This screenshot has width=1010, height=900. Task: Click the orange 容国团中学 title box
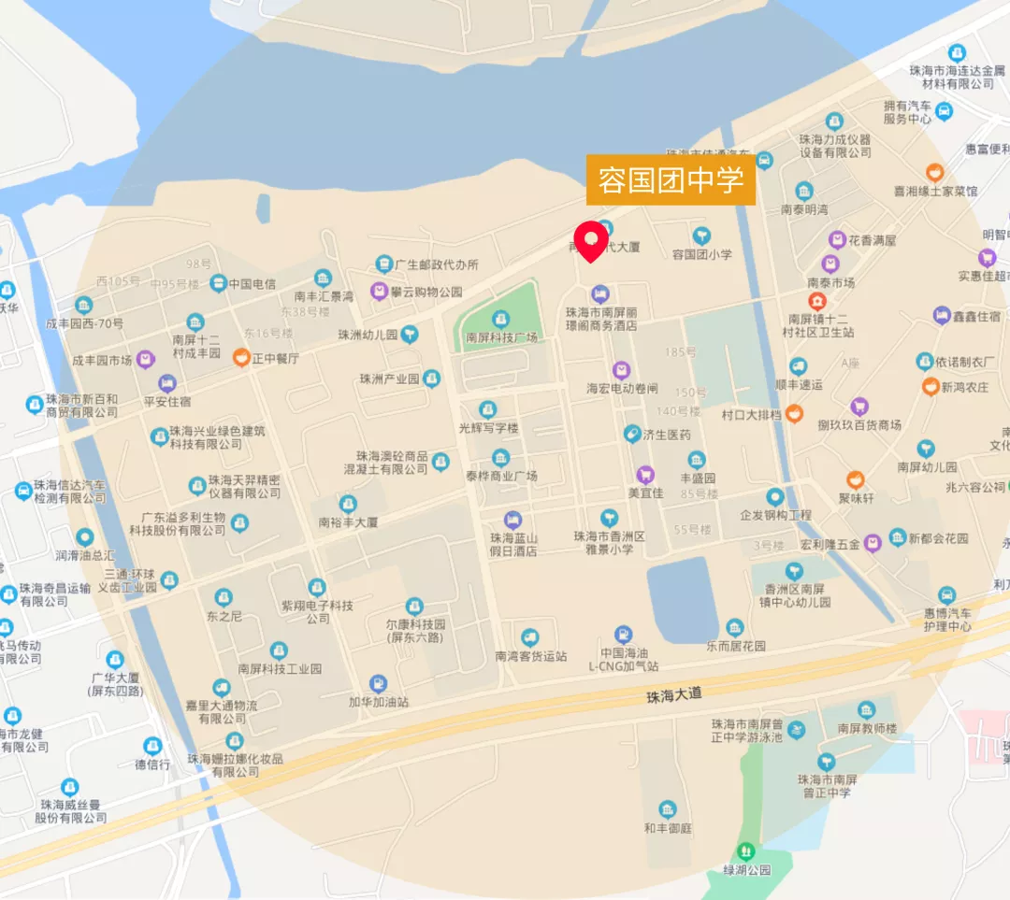pos(671,180)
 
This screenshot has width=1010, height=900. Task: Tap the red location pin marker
pos(591,241)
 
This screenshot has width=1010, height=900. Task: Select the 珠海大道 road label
pos(673,695)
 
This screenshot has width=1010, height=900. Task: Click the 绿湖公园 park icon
pos(745,850)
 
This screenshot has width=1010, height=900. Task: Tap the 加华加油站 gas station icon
pos(379,684)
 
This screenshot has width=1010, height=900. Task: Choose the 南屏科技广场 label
pos(501,337)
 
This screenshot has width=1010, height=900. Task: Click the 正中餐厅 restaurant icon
pos(241,357)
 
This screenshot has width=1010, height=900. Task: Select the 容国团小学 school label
pos(702,253)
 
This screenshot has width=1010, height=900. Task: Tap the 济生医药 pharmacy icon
pos(633,434)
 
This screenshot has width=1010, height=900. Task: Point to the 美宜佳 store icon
pos(645,475)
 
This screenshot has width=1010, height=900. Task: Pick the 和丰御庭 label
pos(667,827)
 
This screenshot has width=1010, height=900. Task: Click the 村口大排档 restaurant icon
pos(794,413)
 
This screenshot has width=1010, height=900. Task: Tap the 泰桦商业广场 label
pos(501,476)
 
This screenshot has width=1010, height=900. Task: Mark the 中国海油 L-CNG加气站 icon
pos(623,635)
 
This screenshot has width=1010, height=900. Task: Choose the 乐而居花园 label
pos(735,646)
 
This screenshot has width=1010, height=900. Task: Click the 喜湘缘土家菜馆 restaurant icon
pos(934,173)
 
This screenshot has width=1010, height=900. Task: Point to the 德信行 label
pos(151,764)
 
